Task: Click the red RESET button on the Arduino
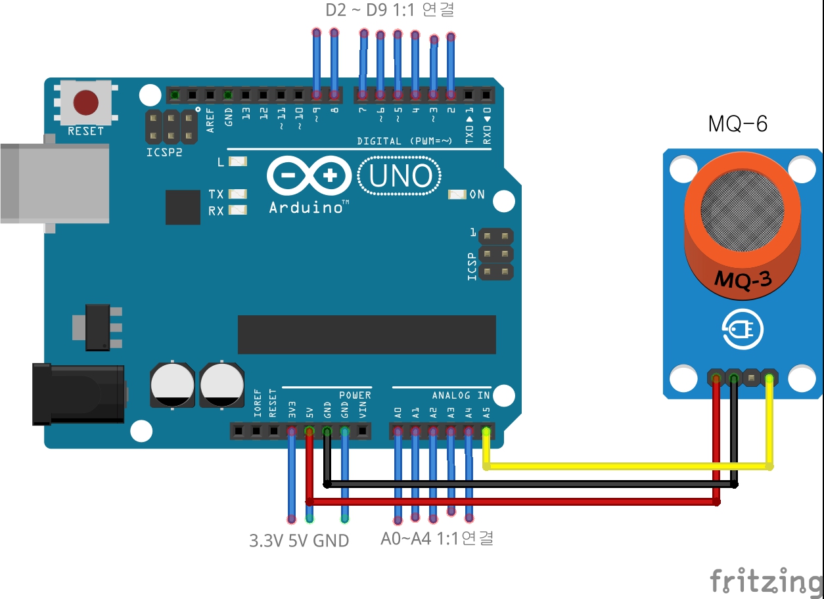point(86,102)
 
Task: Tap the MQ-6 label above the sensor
point(738,123)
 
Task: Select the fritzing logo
point(766,581)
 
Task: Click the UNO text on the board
point(401,176)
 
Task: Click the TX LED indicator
point(238,194)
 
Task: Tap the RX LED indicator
point(238,211)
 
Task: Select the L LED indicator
point(238,162)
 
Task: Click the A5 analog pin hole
point(486,432)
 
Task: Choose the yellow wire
point(624,466)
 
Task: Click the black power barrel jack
point(79,394)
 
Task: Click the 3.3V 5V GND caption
point(299,541)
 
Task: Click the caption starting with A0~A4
point(437,539)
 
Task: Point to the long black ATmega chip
point(367,334)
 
